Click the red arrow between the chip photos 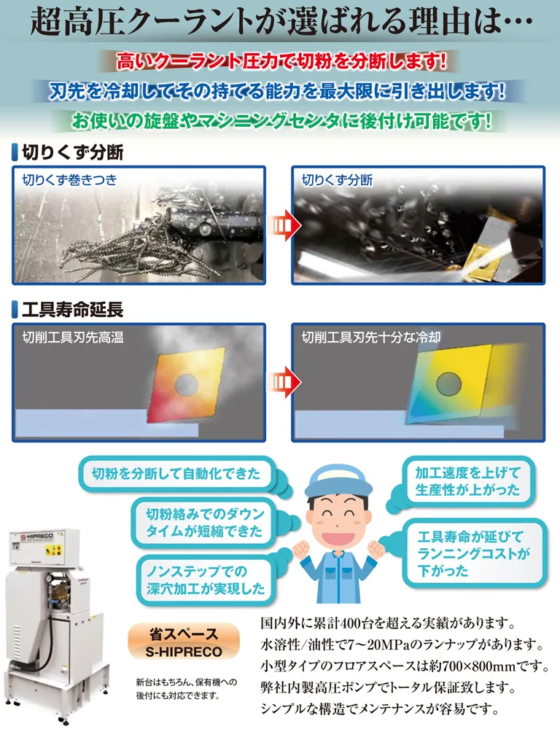coord(283,225)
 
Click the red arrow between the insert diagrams coord(283,382)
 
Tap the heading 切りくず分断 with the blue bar coord(67,152)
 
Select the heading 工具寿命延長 coord(67,310)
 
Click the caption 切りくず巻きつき coord(70,180)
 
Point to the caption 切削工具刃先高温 coord(73,337)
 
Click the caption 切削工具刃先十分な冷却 coord(371,337)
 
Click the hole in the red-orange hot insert coord(187,384)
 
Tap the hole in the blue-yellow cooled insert coord(449,384)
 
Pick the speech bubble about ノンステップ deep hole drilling coord(205,580)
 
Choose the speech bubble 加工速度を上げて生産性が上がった coord(467,481)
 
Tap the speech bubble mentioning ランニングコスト coord(474,553)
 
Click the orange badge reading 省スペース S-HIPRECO coord(184,642)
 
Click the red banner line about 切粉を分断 coord(281,61)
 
